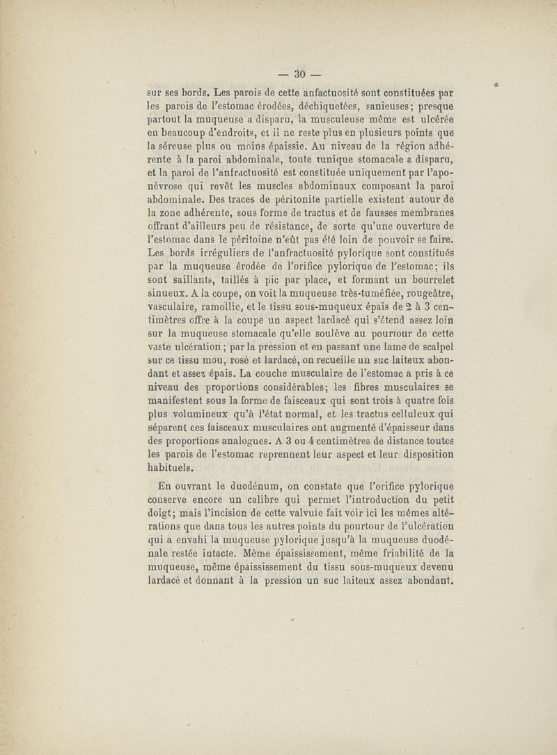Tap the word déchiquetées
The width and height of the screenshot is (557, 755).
click(x=317, y=107)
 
